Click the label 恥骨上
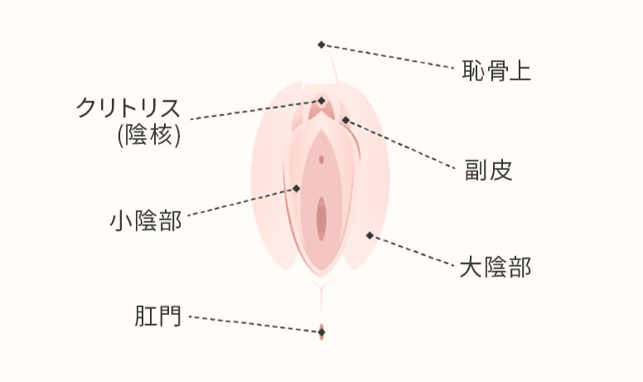tap(496, 70)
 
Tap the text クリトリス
tap(128, 108)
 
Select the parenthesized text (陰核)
tap(149, 135)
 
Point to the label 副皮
tap(488, 170)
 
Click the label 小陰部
tap(146, 220)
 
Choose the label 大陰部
tap(496, 268)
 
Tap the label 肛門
tap(158, 316)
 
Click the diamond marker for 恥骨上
tap(321, 45)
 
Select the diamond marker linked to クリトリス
tap(321, 101)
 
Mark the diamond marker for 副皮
tap(346, 120)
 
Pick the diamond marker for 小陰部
tap(296, 189)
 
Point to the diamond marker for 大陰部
tap(370, 235)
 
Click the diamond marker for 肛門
tap(321, 332)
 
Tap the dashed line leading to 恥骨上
tap(389, 56)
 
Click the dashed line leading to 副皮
tap(401, 144)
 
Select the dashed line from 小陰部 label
tap(241, 201)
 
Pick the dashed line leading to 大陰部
tap(412, 250)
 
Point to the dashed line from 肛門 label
tap(254, 324)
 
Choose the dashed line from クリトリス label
tap(254, 110)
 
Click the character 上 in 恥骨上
tap(520, 70)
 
